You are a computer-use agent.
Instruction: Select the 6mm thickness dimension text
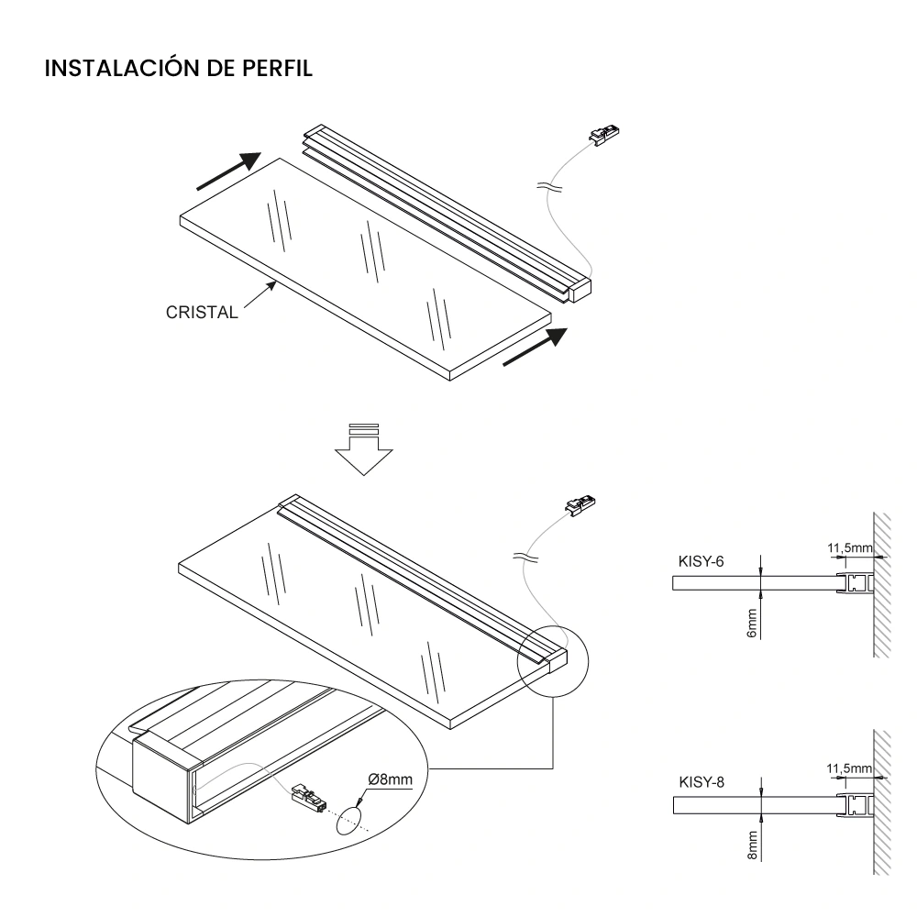(751, 624)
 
